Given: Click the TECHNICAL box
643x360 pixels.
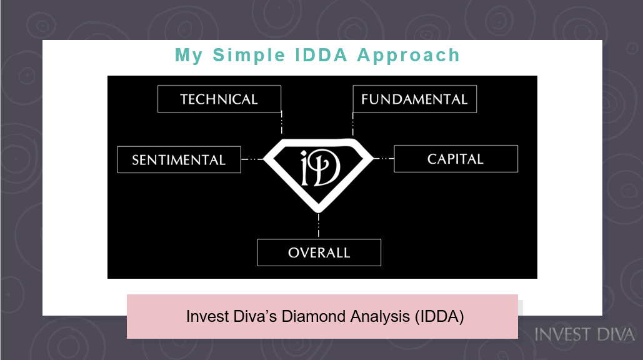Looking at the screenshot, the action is tap(219, 99).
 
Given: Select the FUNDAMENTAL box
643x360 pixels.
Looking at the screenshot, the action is tap(414, 99).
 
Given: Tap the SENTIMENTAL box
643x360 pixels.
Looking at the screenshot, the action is tap(179, 159).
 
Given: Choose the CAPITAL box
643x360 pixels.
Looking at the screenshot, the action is tap(456, 159).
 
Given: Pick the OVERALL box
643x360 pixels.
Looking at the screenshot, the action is tap(319, 252).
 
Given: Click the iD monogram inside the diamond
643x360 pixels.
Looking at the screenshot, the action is tap(321, 167).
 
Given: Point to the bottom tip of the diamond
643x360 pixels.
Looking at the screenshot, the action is tap(319, 212).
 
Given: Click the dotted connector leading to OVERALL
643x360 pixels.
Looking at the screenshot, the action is tap(319, 225).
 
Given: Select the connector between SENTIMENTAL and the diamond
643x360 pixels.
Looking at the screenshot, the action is tap(252, 159).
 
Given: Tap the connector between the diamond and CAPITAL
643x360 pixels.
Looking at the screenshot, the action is tap(384, 158).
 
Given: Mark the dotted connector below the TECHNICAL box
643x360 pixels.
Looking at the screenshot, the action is tap(281, 122).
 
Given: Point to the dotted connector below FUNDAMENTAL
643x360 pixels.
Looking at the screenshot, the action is tap(352, 124).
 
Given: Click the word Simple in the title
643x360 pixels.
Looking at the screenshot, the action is tap(249, 56).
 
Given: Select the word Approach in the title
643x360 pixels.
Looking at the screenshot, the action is tap(409, 56).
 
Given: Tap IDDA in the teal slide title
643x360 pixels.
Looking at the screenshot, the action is tap(321, 55).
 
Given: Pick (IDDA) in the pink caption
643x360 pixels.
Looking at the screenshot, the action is tap(439, 316).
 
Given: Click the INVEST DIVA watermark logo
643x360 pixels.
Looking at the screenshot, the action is tap(585, 334).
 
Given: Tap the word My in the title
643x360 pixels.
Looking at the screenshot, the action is tap(189, 56).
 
